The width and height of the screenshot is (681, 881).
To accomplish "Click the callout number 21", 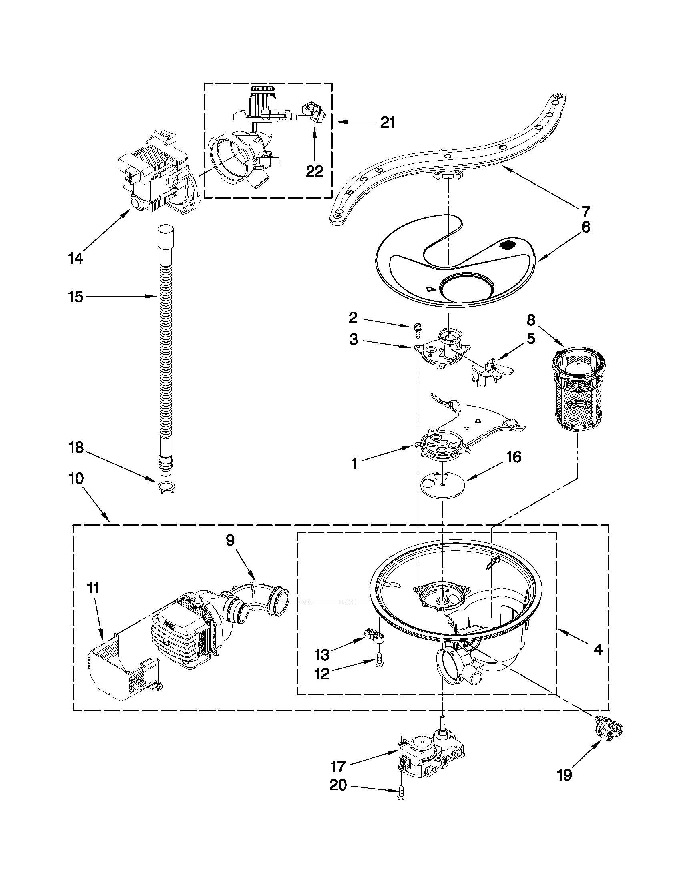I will [x=387, y=122].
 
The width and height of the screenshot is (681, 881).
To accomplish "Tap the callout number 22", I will [x=314, y=171].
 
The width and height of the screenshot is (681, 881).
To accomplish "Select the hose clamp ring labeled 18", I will [x=165, y=488].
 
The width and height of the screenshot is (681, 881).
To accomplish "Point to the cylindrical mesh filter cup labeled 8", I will [x=578, y=391].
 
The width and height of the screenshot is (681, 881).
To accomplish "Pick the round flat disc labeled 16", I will [x=442, y=484].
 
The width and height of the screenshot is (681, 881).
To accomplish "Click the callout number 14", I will [x=75, y=258].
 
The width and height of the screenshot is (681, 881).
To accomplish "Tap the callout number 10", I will [x=75, y=478].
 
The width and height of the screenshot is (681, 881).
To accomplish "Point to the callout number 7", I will [x=585, y=211].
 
